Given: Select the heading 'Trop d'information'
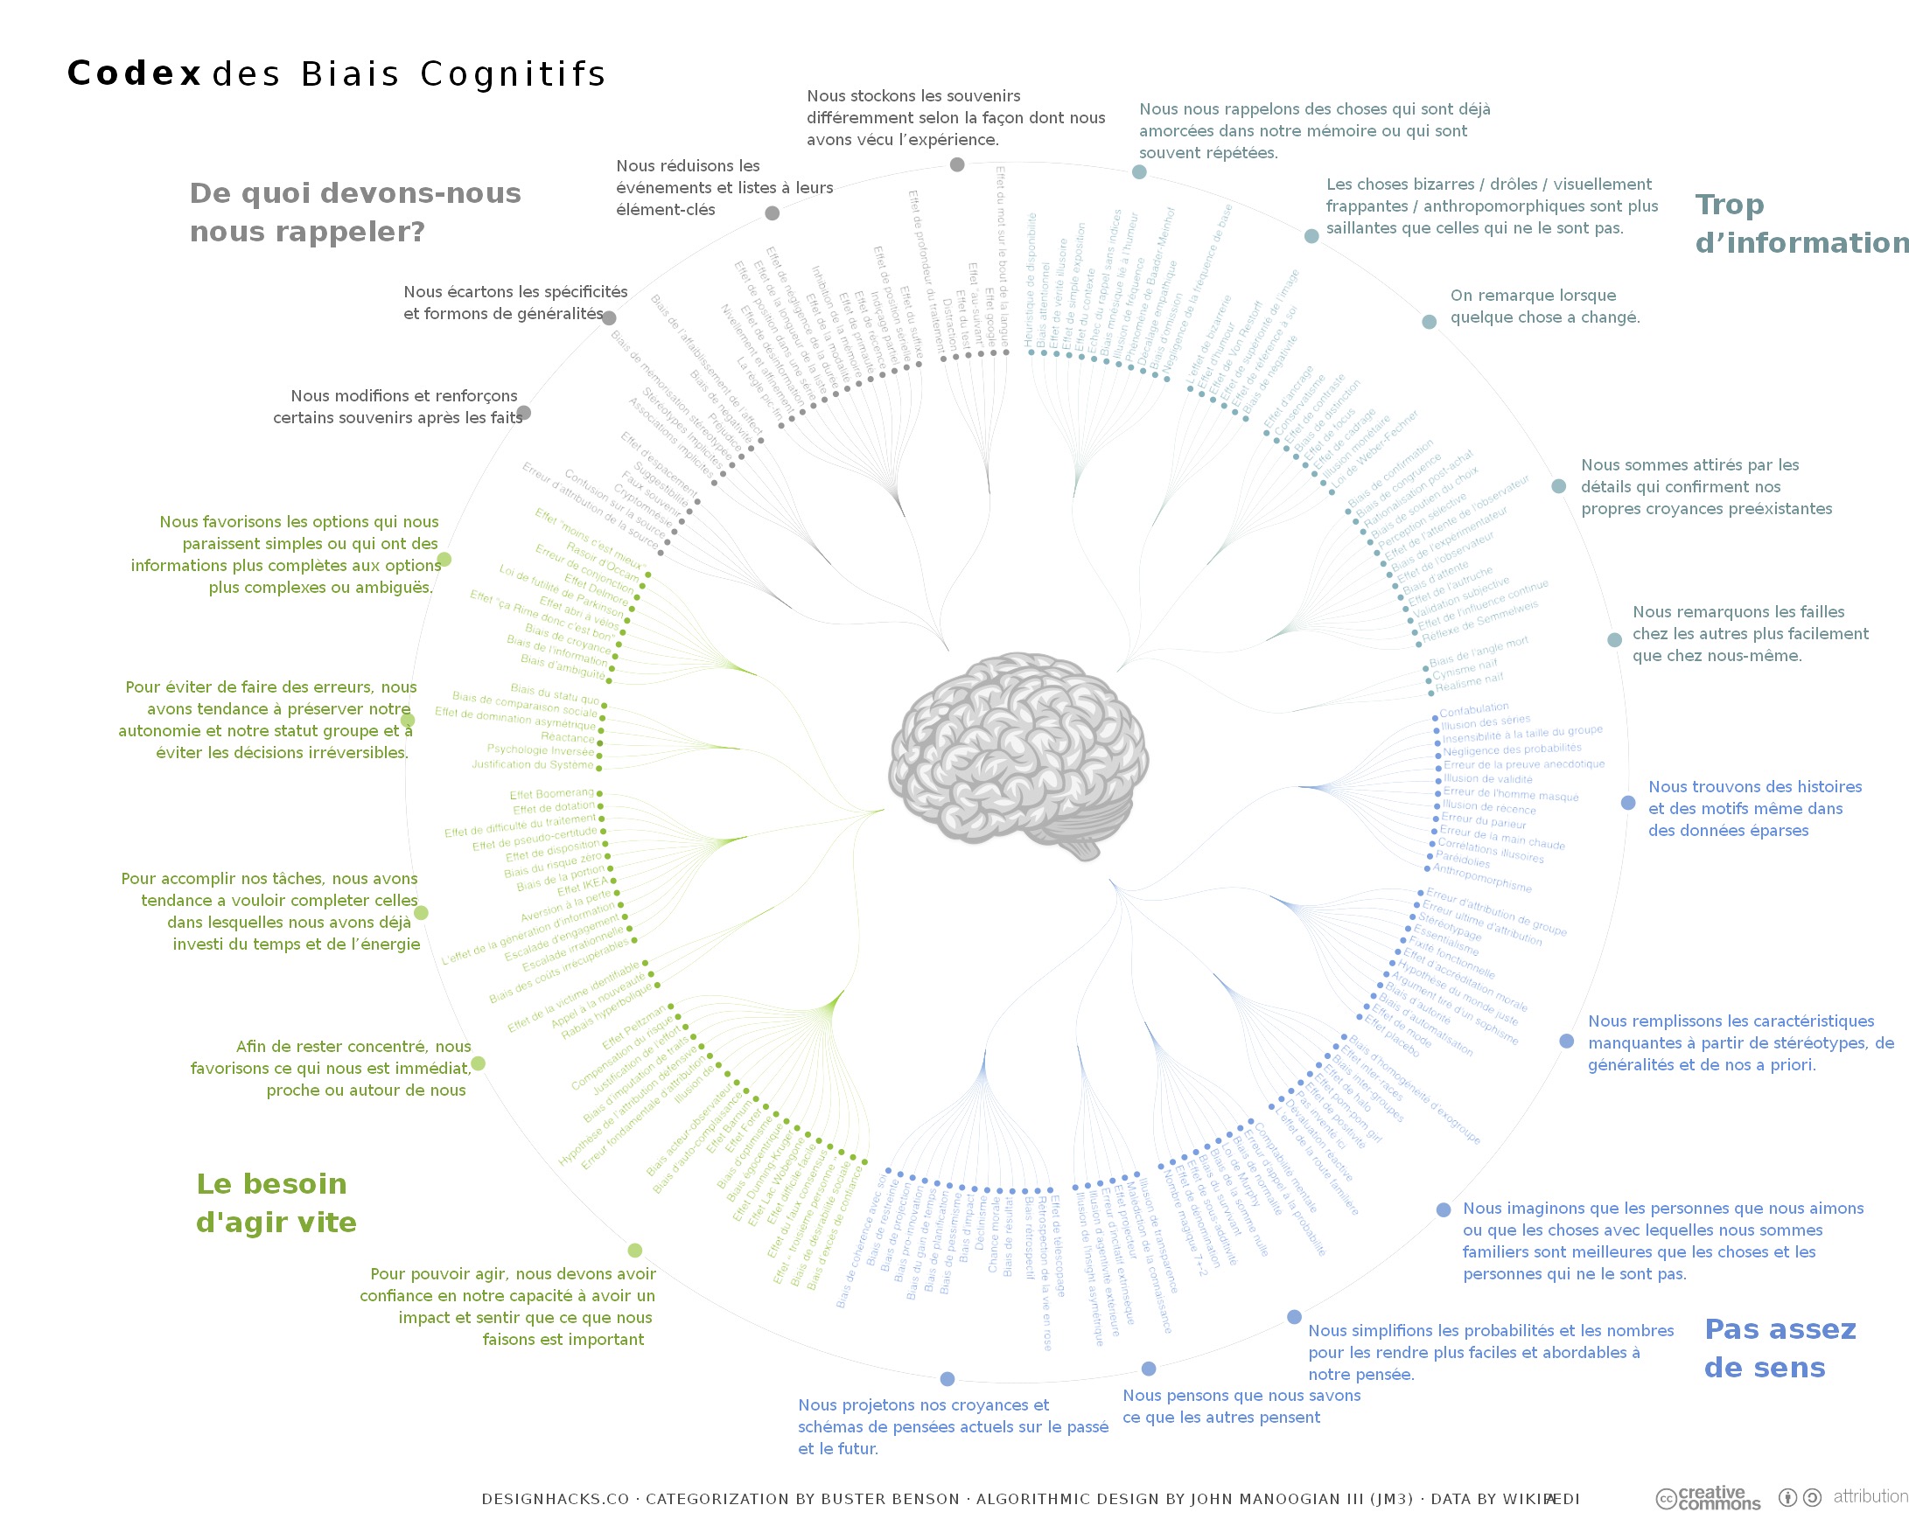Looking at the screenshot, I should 1797,223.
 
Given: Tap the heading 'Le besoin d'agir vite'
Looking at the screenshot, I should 276,1203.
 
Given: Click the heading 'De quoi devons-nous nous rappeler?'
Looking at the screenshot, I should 354,213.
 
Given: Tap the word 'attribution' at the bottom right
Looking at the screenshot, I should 1869,1496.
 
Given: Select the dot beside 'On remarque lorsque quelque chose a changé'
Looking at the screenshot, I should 1429,321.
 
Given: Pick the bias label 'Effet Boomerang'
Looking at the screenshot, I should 552,794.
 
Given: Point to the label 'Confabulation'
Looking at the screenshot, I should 1473,709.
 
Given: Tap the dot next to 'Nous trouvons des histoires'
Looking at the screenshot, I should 1628,803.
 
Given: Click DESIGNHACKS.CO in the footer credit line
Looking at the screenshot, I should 556,1499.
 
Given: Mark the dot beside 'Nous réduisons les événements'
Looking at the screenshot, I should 773,213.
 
